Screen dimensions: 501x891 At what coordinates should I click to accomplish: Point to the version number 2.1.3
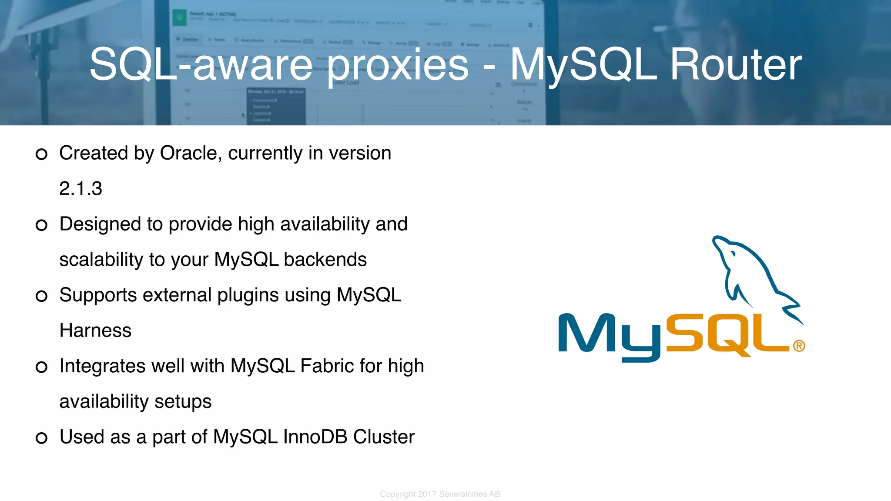(80, 189)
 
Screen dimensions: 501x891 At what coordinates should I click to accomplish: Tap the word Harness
(95, 331)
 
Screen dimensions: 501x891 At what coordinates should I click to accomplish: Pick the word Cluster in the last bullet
(384, 437)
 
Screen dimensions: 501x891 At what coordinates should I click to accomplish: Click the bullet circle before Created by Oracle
(41, 154)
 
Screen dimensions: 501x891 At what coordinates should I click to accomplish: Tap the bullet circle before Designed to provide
(41, 225)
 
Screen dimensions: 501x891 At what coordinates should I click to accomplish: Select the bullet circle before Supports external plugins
(41, 296)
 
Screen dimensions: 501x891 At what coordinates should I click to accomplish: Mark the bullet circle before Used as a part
(41, 438)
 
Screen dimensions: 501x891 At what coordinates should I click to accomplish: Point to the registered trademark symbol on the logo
(799, 346)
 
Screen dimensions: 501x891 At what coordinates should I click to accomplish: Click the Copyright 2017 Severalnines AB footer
(440, 494)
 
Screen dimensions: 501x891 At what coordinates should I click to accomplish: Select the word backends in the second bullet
(325, 260)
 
